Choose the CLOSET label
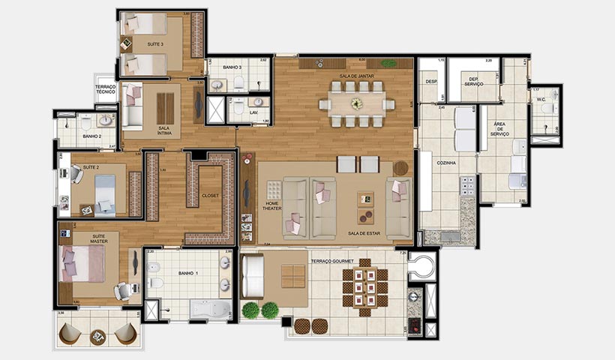[210, 196]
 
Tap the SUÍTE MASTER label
[97, 238]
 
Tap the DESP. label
[431, 82]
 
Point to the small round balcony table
[97, 337]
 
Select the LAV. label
[256, 113]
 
